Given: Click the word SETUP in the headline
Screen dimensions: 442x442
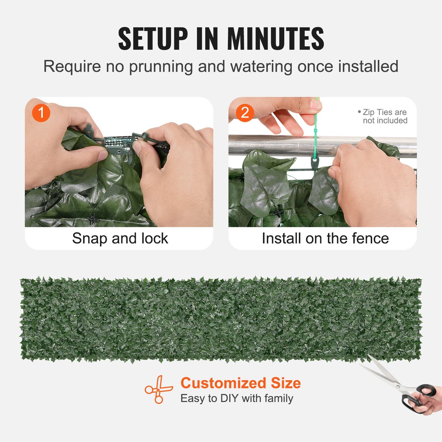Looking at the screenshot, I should [x=153, y=39].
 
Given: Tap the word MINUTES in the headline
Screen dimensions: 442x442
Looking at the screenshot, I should [x=275, y=39].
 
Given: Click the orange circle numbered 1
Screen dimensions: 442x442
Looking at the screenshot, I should [x=41, y=113].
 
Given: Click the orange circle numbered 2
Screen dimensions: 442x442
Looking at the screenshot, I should [x=245, y=113].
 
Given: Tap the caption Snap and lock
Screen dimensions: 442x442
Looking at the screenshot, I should [x=120, y=239].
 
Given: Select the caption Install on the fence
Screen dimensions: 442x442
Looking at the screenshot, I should [x=325, y=239].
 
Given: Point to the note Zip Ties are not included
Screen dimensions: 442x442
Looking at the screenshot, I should [x=384, y=117].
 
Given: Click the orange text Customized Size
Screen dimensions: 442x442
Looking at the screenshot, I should [x=240, y=383].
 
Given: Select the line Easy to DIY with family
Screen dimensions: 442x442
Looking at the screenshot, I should [x=236, y=399].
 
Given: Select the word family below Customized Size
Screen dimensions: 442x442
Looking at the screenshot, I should [x=279, y=399].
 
